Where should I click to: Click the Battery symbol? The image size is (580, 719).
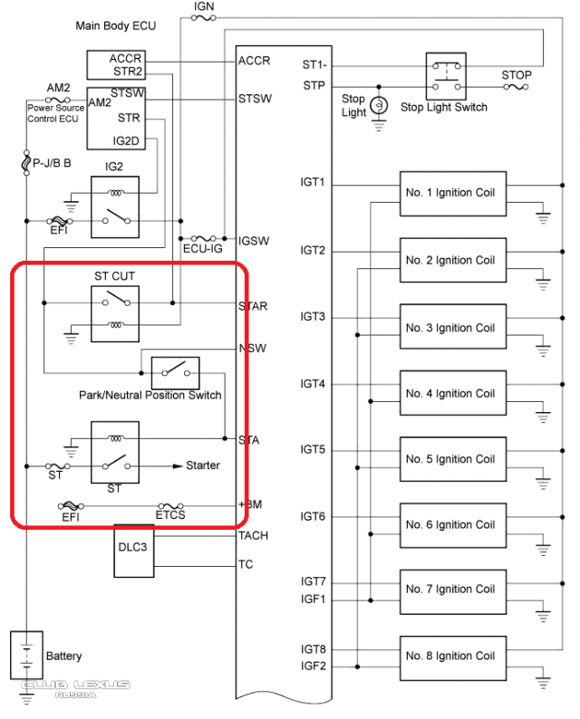[x=28, y=656]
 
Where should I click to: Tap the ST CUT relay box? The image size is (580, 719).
[x=114, y=310]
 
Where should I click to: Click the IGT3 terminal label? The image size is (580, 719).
[x=313, y=317]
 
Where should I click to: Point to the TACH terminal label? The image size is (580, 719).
[x=253, y=536]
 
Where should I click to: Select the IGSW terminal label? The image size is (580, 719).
[x=253, y=242]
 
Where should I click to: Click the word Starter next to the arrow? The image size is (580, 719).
[x=203, y=465]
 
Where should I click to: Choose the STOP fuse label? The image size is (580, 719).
[x=517, y=75]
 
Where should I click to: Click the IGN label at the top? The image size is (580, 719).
[x=204, y=7]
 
